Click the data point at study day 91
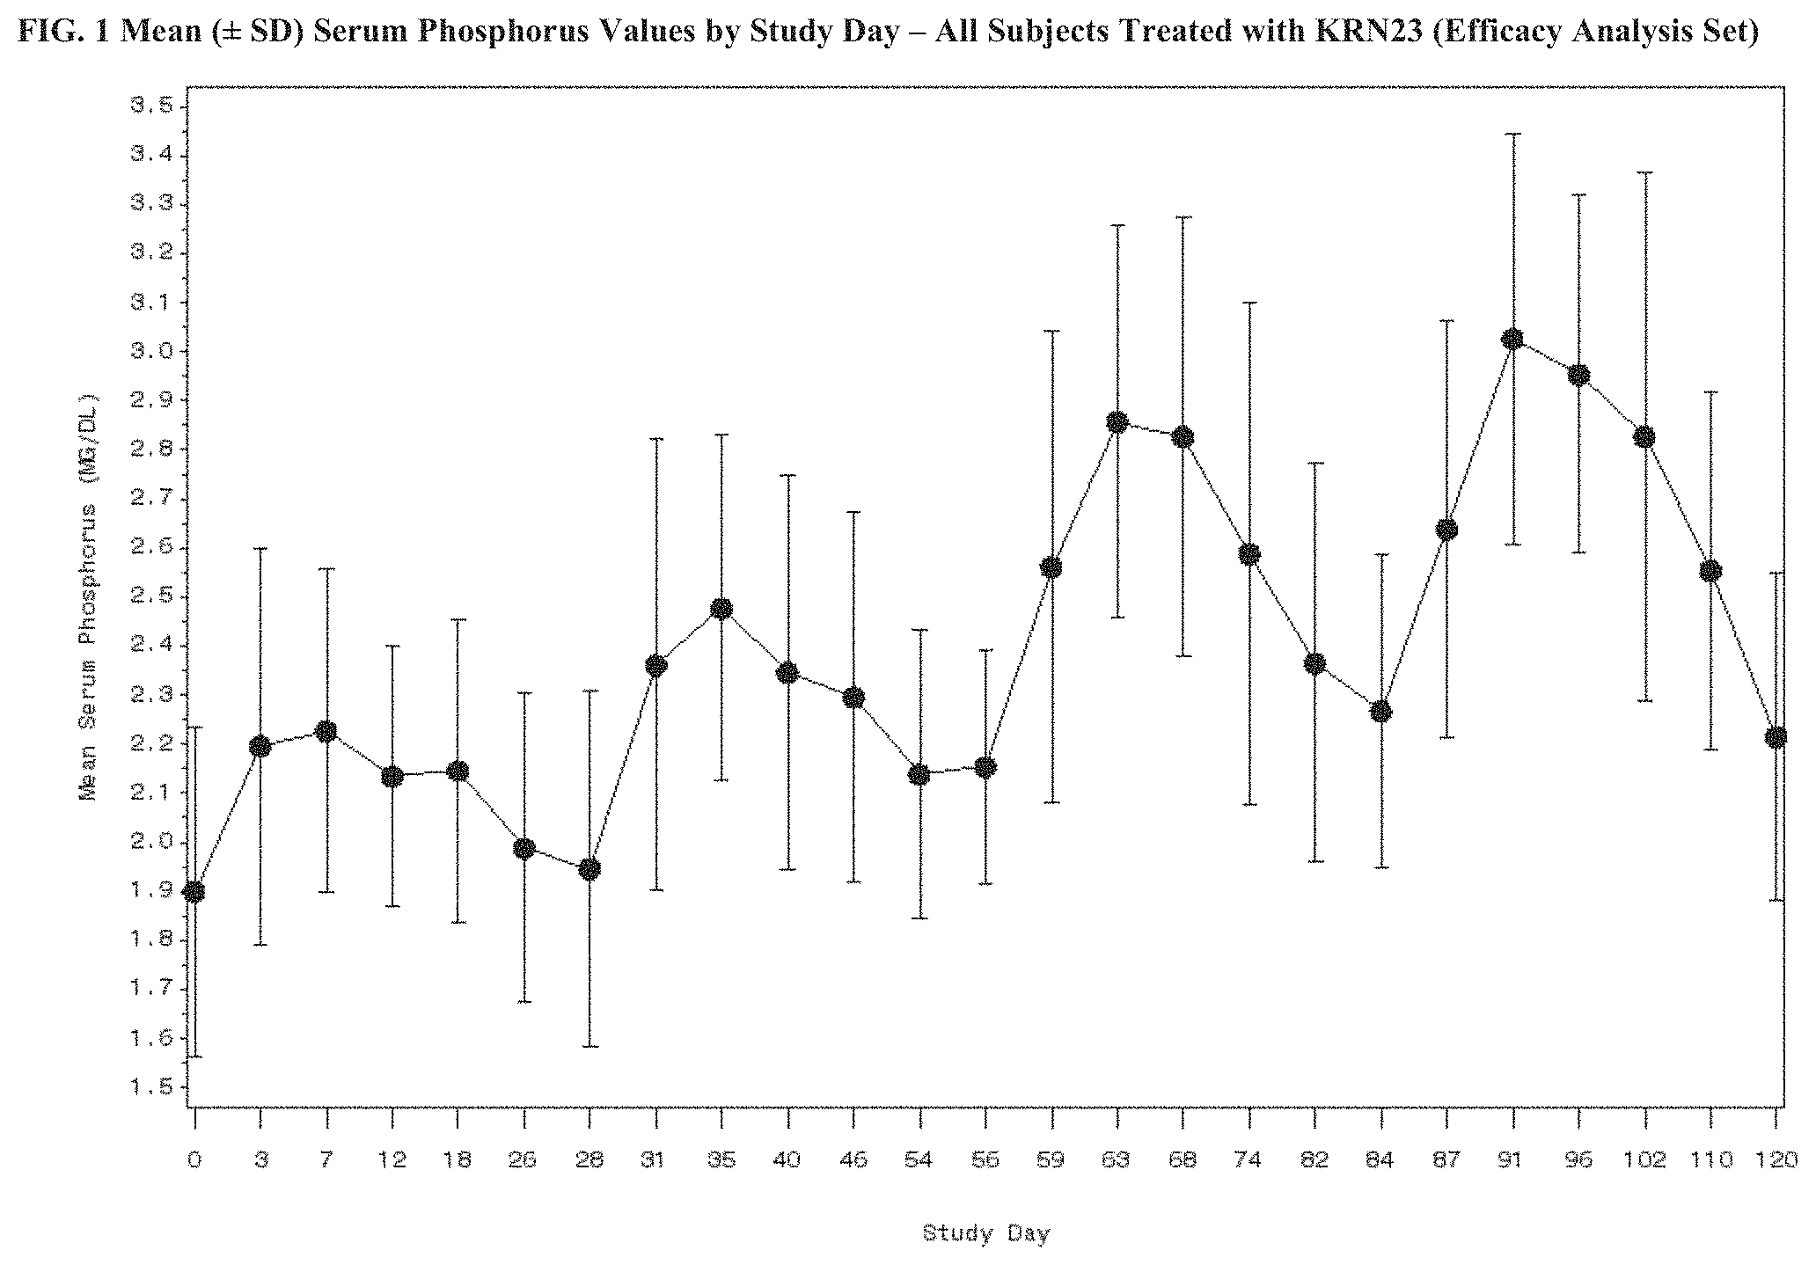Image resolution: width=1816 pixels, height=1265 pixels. pos(1512,340)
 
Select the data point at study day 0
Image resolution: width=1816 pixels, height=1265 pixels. pos(194,892)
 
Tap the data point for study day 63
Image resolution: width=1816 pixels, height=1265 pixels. pos(1117,422)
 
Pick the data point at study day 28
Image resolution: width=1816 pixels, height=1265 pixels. pos(589,869)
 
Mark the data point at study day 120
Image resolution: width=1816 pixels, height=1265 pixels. pos(1776,737)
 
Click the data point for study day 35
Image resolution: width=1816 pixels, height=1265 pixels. pos(721,609)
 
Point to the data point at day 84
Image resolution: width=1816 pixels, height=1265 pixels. pos(1380,711)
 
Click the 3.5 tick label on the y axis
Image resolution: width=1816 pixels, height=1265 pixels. pos(147,106)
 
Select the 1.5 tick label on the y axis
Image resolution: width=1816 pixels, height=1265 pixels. pos(147,1087)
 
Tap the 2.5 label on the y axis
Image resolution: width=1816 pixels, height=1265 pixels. pos(147,597)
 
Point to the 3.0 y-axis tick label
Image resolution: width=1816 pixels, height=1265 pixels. pos(147,352)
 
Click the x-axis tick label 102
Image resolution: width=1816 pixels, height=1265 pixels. pos(1644,1160)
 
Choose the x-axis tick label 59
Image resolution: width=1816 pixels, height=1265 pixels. pos(1051,1160)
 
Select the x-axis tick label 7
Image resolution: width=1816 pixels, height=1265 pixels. pos(326,1160)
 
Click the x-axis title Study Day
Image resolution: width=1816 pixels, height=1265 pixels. pos(985,1233)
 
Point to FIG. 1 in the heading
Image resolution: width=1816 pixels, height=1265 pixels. pos(62,33)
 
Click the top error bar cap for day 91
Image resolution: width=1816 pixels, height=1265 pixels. pos(1512,134)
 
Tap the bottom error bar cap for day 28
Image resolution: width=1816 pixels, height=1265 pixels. pos(589,1046)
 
